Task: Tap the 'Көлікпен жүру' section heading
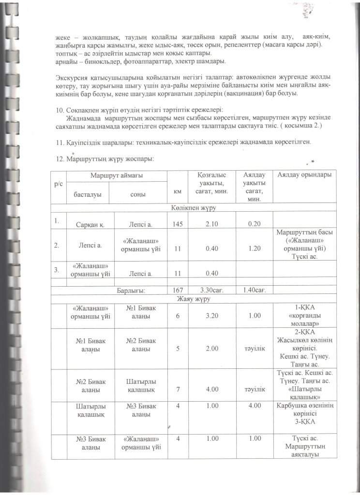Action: pos(193,208)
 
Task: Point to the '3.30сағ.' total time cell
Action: pos(209,290)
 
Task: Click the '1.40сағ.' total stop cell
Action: pos(252,290)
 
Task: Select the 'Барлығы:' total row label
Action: pos(132,291)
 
